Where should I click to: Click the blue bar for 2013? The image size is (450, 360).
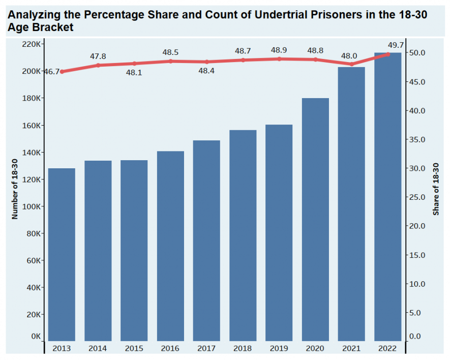click(62, 254)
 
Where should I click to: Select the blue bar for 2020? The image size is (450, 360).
click(315, 219)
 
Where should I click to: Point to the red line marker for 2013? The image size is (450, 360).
click(62, 72)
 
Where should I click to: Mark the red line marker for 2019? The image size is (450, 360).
click(279, 59)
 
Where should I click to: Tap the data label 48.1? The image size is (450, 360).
click(134, 73)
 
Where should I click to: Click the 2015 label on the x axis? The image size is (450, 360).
click(134, 349)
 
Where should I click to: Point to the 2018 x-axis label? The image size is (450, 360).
click(243, 349)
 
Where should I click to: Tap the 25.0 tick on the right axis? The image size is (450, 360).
click(419, 197)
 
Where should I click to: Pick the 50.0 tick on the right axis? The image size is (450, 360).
click(419, 53)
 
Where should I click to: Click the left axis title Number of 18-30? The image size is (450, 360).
click(15, 189)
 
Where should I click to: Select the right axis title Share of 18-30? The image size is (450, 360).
click(436, 189)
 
